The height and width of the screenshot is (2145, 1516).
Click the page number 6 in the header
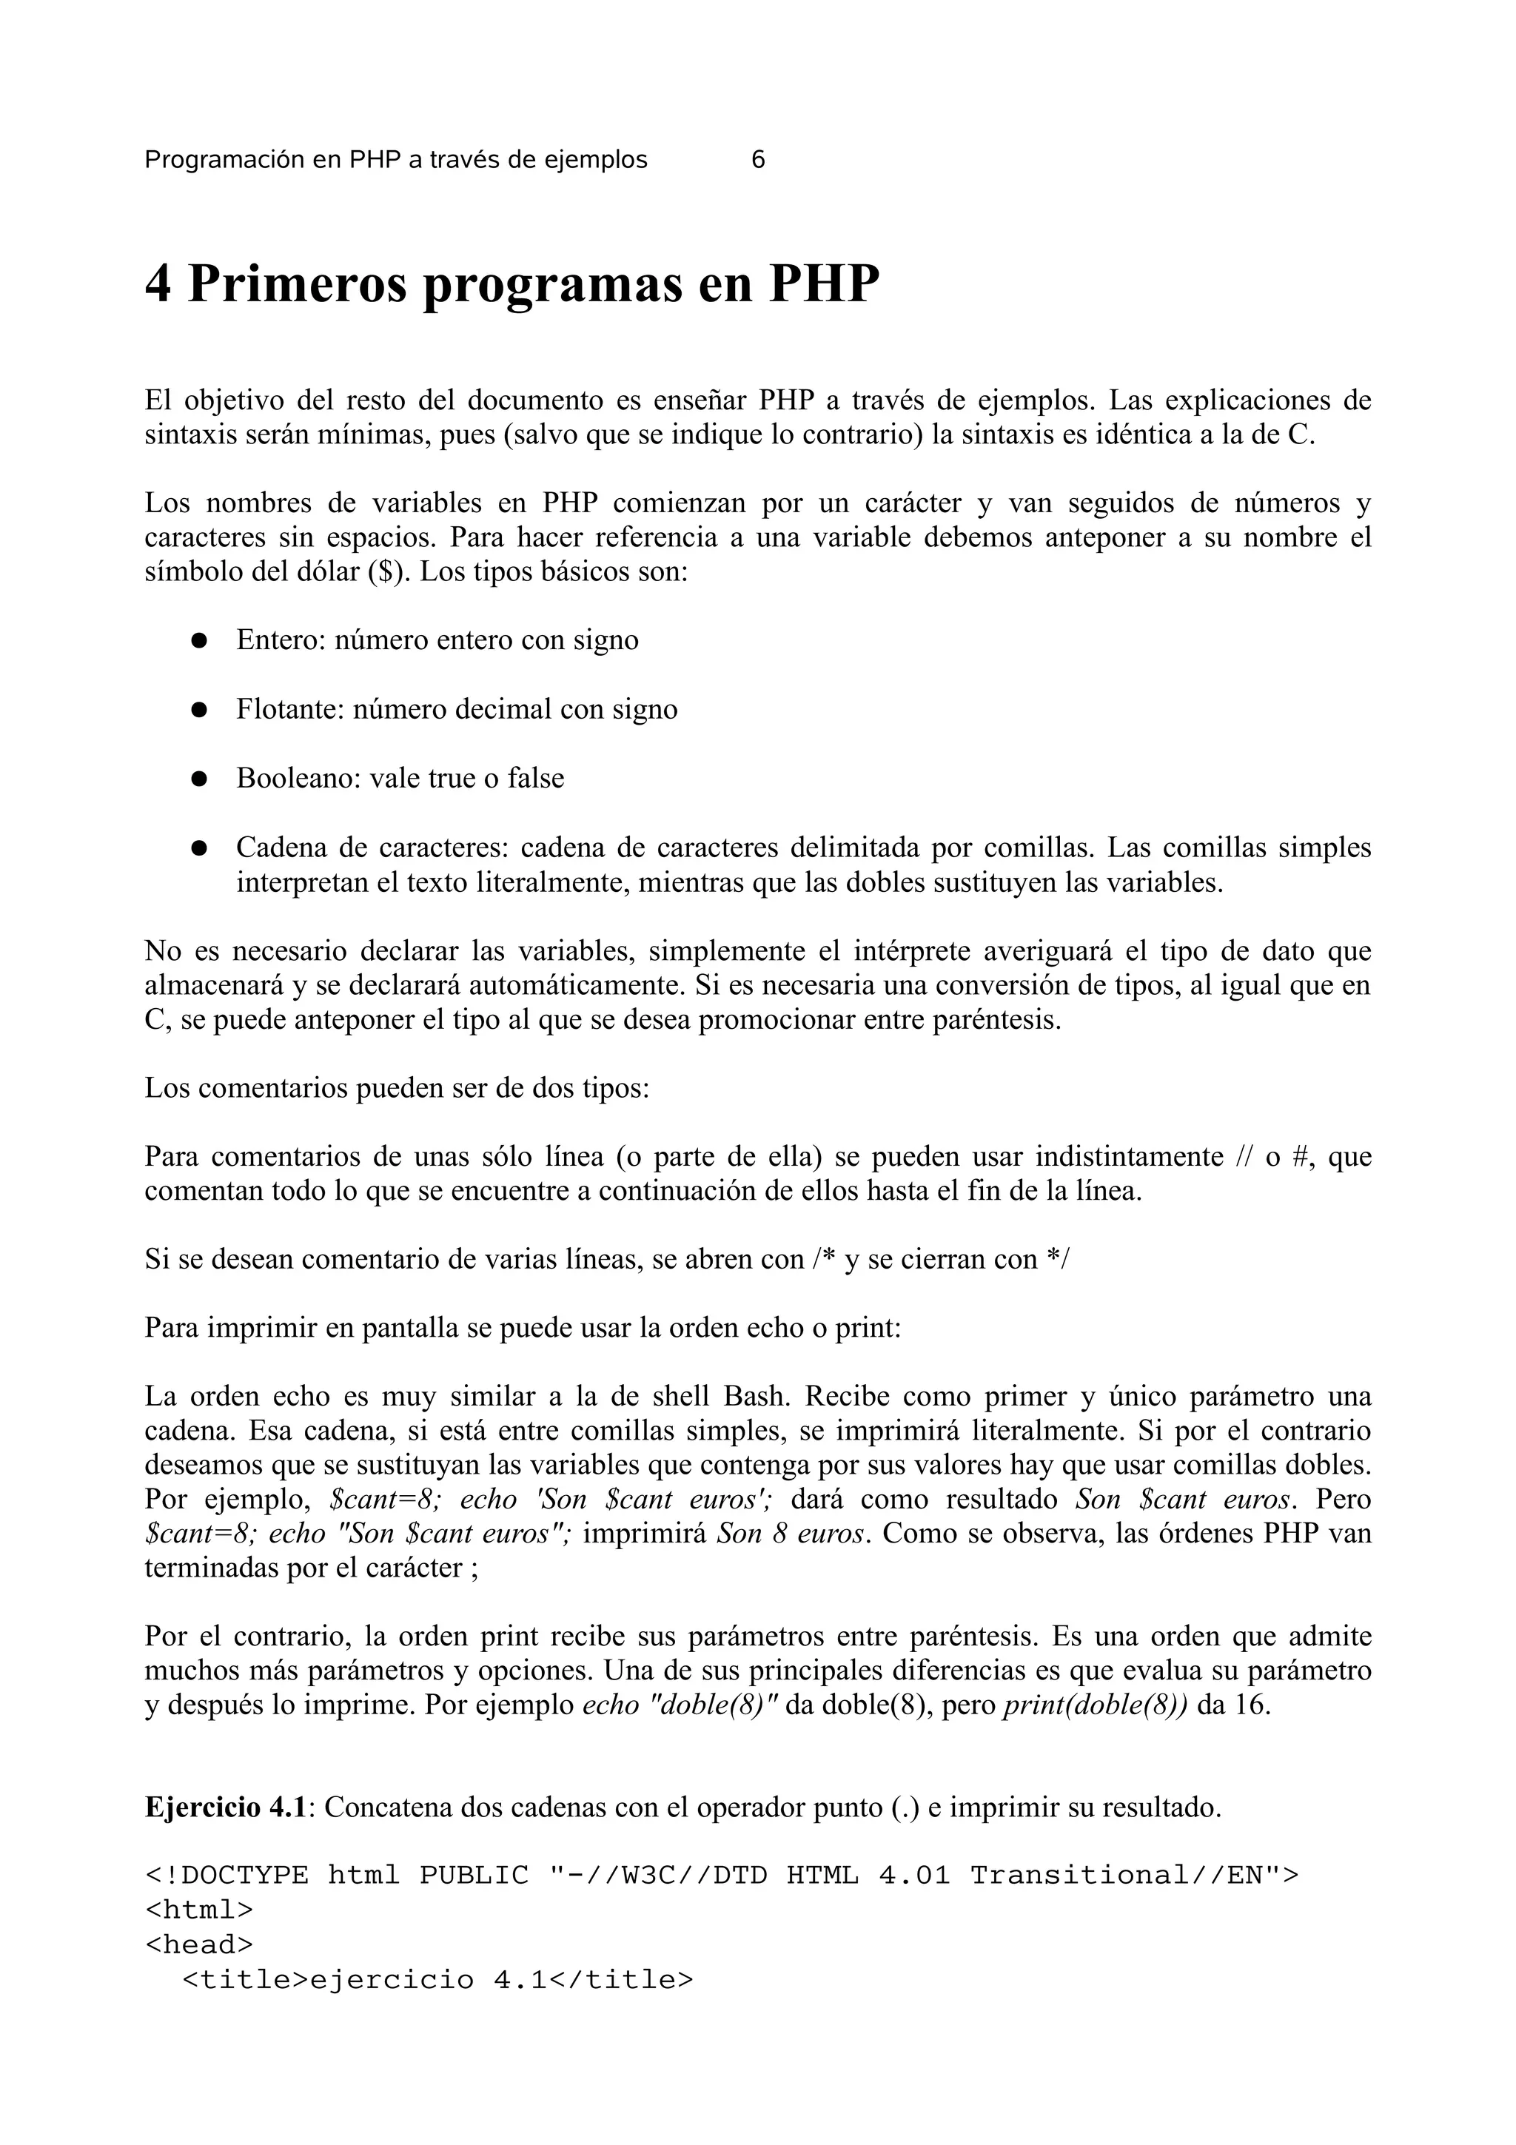click(757, 160)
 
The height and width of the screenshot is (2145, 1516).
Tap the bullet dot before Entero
click(198, 641)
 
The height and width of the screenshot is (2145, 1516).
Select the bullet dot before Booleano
click(198, 779)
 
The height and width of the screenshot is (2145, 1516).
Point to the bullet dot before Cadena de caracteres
click(198, 848)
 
